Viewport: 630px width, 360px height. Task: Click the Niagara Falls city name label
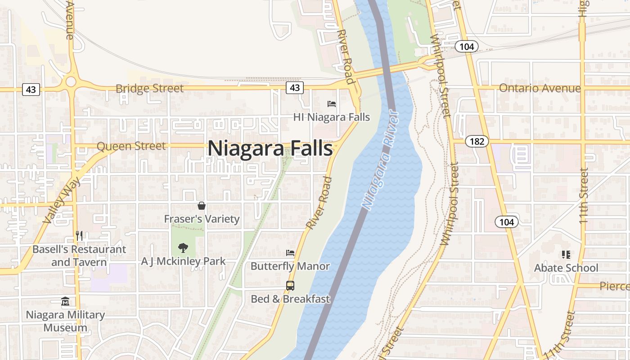(x=270, y=148)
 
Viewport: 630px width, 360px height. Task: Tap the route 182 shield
(x=477, y=142)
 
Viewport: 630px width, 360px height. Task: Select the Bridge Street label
(x=149, y=89)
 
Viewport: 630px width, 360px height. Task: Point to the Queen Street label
(x=131, y=146)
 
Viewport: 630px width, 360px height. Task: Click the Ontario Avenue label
(x=540, y=88)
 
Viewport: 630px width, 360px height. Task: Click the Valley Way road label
(x=62, y=201)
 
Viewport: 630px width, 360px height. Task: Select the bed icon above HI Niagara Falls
(x=332, y=104)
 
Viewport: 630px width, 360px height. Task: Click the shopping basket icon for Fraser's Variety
(x=202, y=206)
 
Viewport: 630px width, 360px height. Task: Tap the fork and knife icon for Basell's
(x=79, y=235)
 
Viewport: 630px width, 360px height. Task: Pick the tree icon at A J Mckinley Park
(x=183, y=247)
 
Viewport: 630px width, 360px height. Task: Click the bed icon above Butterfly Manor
(x=290, y=253)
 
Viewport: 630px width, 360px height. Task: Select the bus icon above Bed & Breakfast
(x=290, y=285)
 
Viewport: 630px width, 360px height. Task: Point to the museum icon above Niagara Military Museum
(x=65, y=301)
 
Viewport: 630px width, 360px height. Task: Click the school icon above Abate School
(x=566, y=255)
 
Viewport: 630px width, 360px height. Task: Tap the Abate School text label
(x=566, y=268)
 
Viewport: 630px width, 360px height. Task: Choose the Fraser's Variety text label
(x=202, y=219)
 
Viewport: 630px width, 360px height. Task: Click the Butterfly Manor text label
(x=290, y=266)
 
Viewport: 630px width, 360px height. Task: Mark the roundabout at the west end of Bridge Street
(x=71, y=82)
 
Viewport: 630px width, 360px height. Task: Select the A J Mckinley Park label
(x=184, y=261)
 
